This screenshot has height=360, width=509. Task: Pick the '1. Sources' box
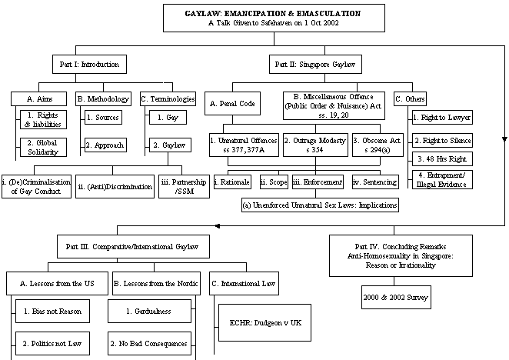coord(105,118)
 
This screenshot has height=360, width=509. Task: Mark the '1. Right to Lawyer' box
coord(441,118)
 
